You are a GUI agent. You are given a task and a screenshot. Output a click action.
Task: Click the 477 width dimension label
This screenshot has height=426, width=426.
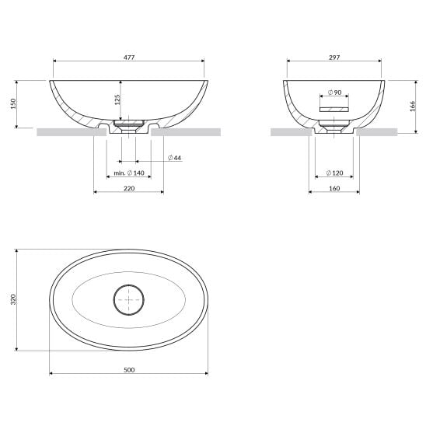[129, 58]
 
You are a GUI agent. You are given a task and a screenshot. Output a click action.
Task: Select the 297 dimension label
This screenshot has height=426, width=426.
[334, 58]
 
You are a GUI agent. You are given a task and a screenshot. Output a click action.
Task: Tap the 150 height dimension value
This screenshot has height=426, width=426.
[13, 104]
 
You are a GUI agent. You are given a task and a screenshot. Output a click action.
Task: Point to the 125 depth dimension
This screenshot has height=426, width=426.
[117, 100]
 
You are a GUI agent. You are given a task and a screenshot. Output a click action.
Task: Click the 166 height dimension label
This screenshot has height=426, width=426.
[413, 106]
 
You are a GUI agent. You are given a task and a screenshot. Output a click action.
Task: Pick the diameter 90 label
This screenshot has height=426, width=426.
[335, 93]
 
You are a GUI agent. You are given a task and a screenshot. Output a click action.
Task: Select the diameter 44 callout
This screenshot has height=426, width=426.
[174, 158]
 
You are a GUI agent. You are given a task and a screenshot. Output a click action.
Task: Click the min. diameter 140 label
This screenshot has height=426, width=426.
[129, 173]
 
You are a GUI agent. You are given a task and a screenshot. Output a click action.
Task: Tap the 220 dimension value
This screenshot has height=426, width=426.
[129, 188]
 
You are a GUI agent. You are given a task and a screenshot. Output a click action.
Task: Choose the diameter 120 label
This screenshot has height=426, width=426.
[335, 173]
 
